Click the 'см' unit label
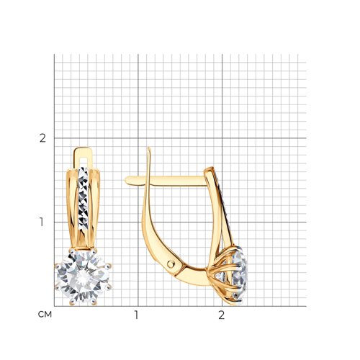[x=45, y=314]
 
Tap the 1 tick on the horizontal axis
[x=136, y=315]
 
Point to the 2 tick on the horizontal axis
[x=221, y=315]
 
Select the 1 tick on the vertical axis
[x=42, y=222]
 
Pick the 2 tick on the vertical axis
[x=42, y=138]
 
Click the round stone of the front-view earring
[x=83, y=277]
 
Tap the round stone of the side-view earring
[x=238, y=274]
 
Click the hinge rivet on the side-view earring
[x=171, y=264]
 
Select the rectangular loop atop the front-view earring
[x=84, y=156]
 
